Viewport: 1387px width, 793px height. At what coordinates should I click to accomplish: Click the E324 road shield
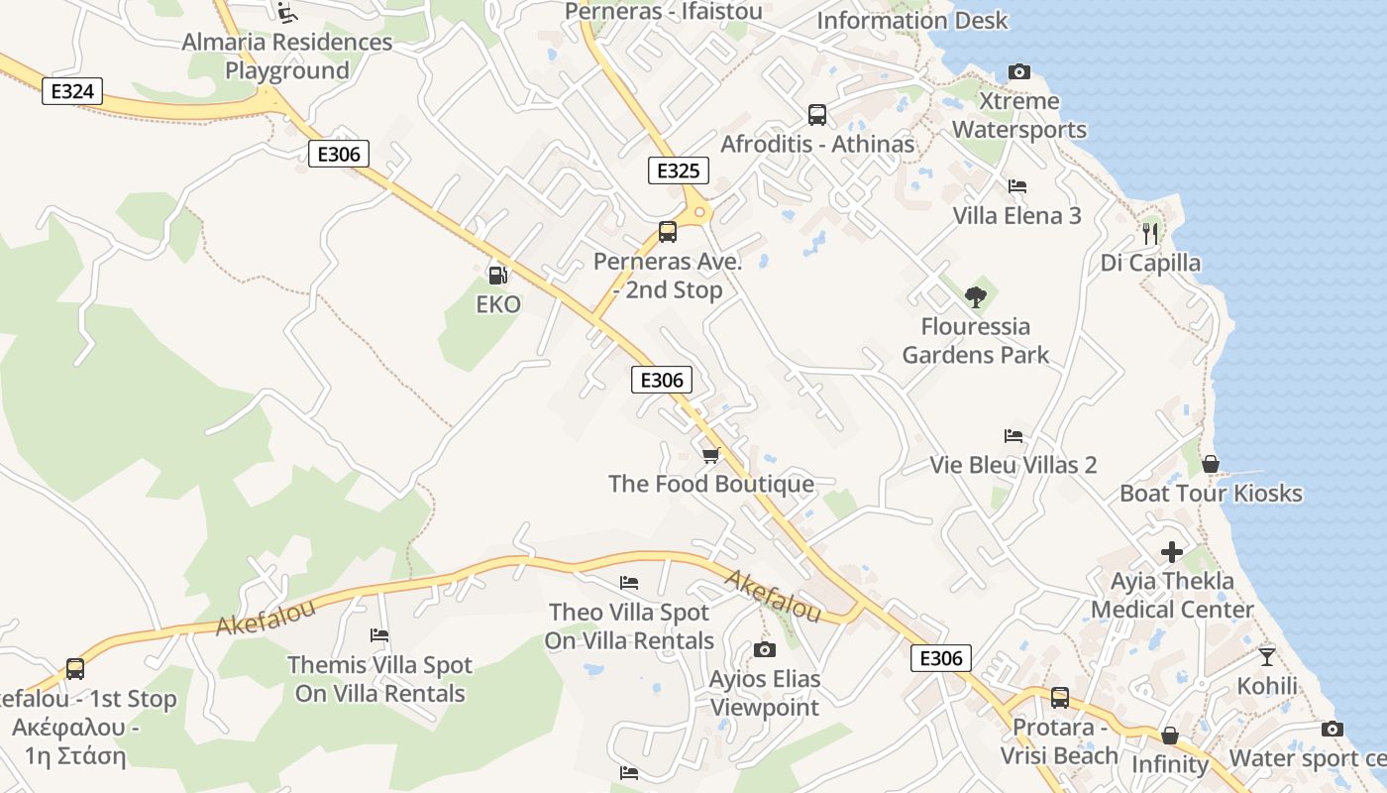(x=71, y=92)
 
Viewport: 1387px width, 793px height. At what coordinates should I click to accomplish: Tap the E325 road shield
(x=679, y=170)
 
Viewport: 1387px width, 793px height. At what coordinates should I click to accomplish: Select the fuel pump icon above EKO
(x=497, y=275)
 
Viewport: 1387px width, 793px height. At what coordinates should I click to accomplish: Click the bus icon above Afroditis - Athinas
(x=816, y=114)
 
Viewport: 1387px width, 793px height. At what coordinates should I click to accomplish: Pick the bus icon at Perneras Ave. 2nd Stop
(x=668, y=232)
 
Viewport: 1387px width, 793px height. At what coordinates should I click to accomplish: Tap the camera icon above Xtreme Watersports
(x=1018, y=71)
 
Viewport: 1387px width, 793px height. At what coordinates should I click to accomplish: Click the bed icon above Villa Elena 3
(x=1016, y=186)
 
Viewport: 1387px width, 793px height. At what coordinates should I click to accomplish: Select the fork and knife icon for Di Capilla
(x=1150, y=233)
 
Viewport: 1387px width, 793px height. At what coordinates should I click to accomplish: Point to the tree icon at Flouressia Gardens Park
(x=975, y=295)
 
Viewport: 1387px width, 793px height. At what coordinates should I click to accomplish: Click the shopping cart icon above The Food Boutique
(x=710, y=455)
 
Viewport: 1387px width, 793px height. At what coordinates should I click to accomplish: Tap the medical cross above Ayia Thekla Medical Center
(x=1172, y=551)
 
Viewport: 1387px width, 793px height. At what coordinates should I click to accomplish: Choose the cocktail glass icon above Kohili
(x=1267, y=655)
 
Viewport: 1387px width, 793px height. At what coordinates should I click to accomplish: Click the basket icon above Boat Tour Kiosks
(x=1210, y=463)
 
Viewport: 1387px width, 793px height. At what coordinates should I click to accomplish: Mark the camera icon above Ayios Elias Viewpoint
(x=764, y=649)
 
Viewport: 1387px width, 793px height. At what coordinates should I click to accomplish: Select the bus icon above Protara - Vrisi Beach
(x=1059, y=698)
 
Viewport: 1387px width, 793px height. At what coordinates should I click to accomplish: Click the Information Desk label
(x=911, y=20)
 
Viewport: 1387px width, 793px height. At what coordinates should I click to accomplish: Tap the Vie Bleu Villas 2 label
(x=1013, y=465)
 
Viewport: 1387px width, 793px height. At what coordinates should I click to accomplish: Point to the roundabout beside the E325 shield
(x=700, y=211)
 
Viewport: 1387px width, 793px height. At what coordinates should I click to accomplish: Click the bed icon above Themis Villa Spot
(x=378, y=635)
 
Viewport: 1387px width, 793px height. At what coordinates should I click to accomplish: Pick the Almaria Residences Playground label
(x=287, y=57)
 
